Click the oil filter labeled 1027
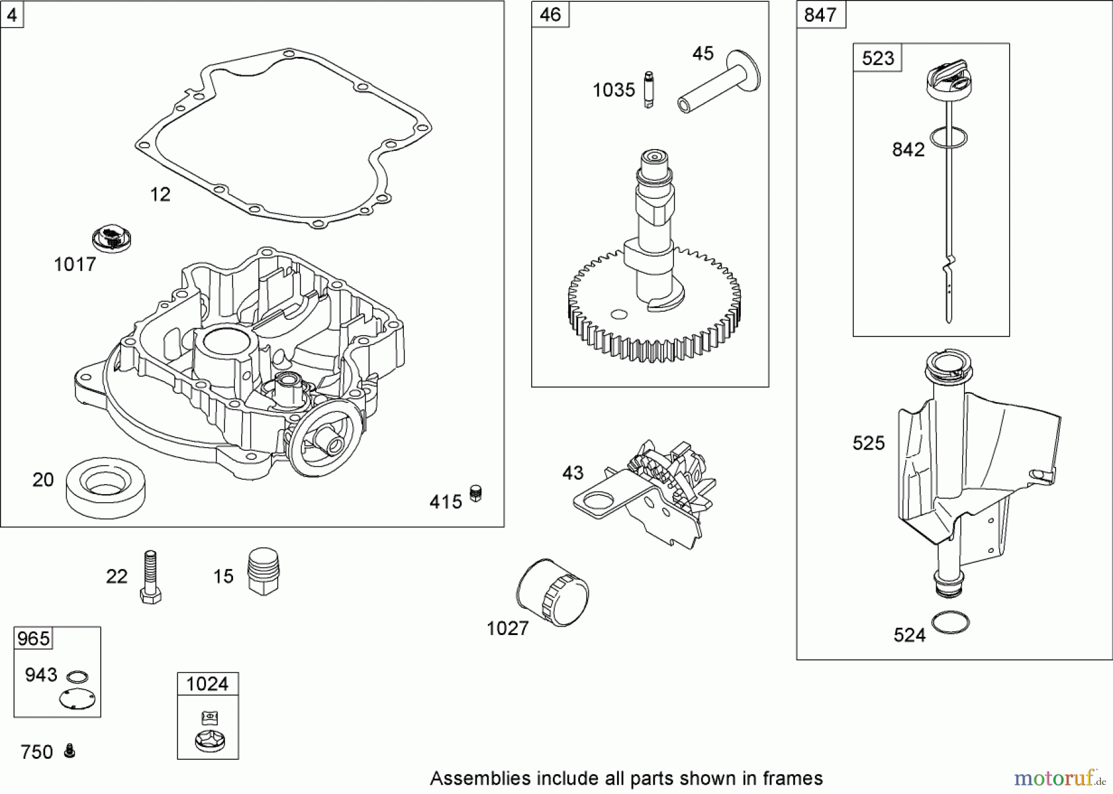coord(552,594)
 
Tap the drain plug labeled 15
coord(263,571)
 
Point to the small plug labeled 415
coord(475,493)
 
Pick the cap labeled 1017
coord(111,240)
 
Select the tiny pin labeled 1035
coord(648,90)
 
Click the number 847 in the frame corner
coord(820,15)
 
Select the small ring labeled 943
coord(77,677)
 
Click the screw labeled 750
coord(70,751)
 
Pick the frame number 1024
coord(207,684)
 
